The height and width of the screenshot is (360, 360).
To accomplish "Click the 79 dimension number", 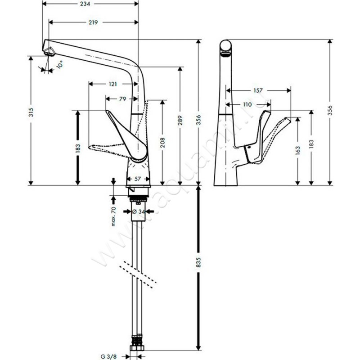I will (122, 99).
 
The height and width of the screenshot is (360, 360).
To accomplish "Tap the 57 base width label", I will (138, 179).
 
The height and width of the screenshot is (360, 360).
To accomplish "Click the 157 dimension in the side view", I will (258, 90).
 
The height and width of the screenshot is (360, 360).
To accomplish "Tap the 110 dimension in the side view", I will (247, 104).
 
